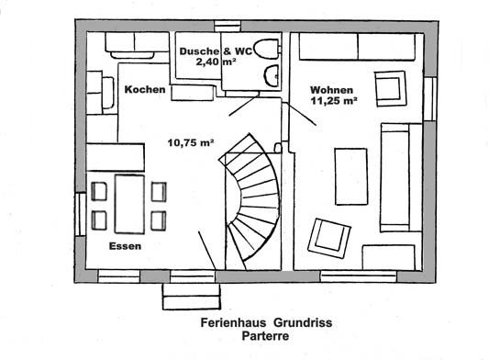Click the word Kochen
145,90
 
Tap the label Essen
125,246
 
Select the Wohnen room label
331,90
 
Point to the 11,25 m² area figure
334,101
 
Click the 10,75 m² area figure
191,142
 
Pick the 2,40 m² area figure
216,62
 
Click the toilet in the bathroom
267,49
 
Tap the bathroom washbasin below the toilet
272,75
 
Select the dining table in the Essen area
129,204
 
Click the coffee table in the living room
351,176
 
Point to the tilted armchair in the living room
329,238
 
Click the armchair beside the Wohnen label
391,89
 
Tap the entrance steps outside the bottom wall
192,297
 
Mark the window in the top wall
228,26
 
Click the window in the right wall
430,98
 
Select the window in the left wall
81,214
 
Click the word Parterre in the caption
265,336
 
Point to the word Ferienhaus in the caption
233,322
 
